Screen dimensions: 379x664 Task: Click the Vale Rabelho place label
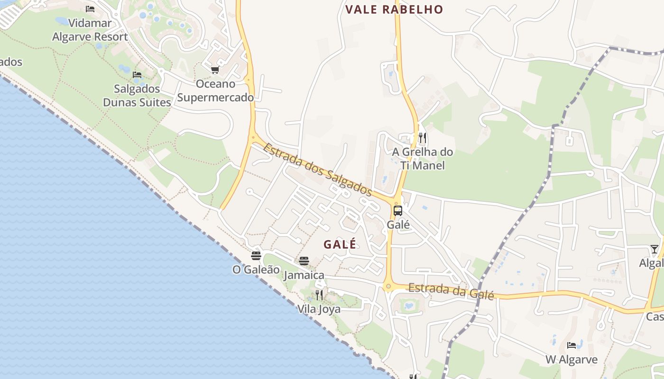[x=394, y=9]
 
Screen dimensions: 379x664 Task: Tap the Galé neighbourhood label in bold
[x=340, y=244]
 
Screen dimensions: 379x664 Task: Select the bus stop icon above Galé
[x=398, y=211]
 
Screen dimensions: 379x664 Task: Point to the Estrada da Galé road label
[x=451, y=290]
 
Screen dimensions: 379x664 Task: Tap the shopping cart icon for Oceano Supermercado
[x=215, y=70]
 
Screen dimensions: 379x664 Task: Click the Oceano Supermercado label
[x=215, y=91]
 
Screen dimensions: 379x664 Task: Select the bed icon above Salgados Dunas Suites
[x=137, y=75]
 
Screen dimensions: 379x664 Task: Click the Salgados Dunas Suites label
[x=137, y=96]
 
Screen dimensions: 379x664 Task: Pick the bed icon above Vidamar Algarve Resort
[x=90, y=9]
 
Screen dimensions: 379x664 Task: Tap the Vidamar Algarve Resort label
[x=90, y=30]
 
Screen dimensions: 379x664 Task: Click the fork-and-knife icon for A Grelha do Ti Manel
[x=423, y=138]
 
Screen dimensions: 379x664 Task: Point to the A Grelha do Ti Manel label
[x=423, y=159]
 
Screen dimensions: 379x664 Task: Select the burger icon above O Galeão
[x=256, y=256]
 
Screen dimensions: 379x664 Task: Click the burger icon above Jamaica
[x=304, y=261]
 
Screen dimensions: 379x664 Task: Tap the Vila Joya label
[x=319, y=309]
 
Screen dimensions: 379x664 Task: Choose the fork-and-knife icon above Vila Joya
[x=319, y=295]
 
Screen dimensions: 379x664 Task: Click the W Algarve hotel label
[x=572, y=360]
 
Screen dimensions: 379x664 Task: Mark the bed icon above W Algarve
[x=572, y=345]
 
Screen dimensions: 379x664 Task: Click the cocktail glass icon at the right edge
[x=655, y=249]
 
